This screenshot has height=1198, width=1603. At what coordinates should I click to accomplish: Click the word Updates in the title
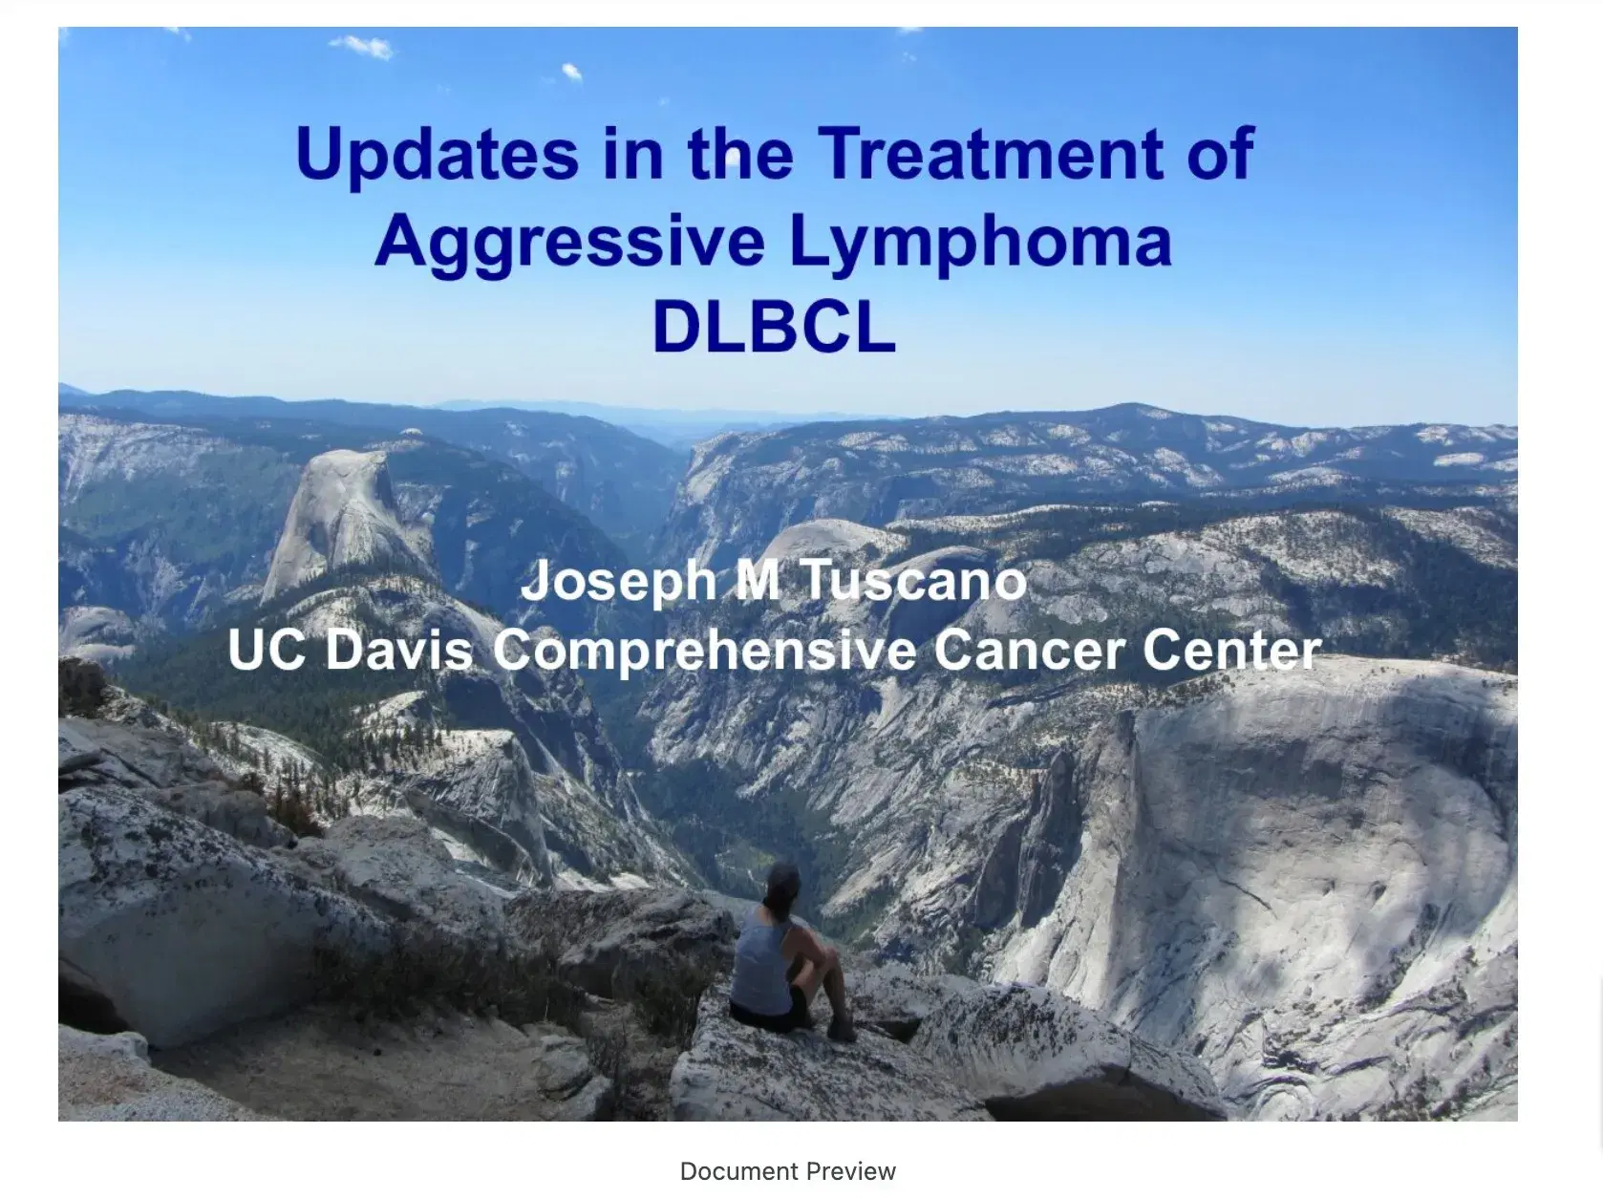tap(438, 156)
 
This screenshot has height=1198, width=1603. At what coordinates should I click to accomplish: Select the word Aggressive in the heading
tap(570, 244)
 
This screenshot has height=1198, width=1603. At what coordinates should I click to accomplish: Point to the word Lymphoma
tap(981, 244)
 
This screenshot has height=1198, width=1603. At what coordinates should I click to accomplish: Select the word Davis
tap(398, 649)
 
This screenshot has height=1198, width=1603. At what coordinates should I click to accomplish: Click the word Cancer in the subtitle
tap(1029, 650)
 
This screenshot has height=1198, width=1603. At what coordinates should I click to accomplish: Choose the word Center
tap(1232, 650)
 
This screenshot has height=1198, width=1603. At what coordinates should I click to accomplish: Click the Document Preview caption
tap(788, 1171)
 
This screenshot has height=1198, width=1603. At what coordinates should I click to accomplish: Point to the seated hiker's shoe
tap(842, 1029)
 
